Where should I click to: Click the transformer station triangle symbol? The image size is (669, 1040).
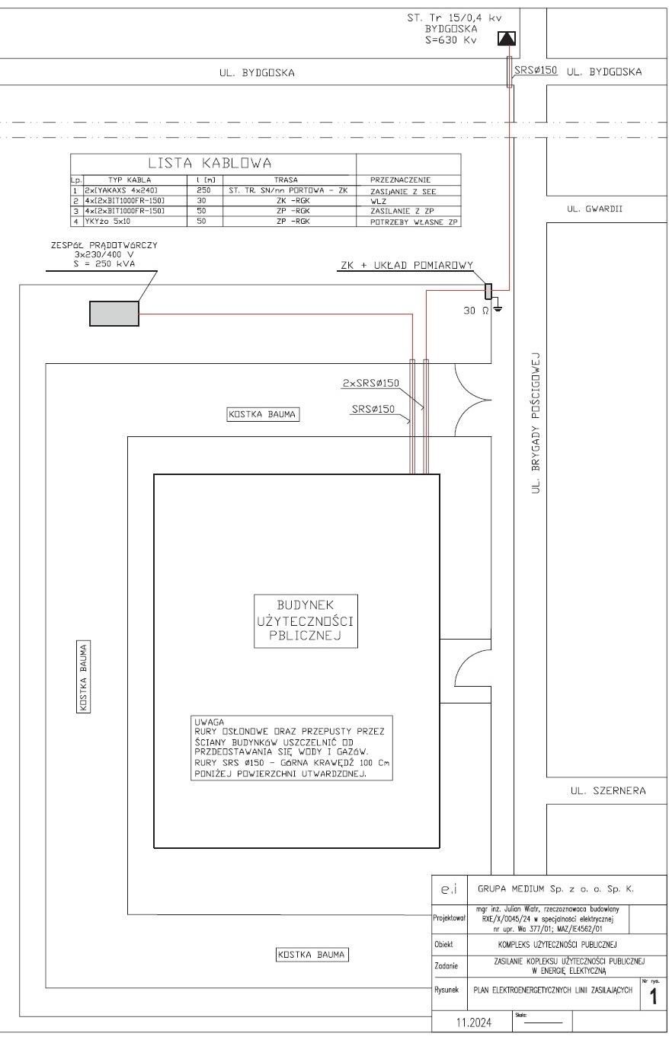point(507,38)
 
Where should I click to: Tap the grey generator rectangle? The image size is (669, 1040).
point(114,314)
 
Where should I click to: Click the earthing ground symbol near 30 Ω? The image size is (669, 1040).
point(497,308)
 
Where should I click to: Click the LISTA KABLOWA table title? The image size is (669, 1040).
point(210,163)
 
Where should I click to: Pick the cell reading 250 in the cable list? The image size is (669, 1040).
point(203,190)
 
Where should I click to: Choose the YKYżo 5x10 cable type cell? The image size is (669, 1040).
point(107,222)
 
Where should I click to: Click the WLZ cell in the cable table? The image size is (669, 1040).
point(378,201)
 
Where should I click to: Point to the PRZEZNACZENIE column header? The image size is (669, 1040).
point(401,180)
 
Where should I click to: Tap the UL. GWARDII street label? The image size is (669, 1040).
point(594,209)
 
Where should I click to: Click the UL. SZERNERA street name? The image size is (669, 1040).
point(608,790)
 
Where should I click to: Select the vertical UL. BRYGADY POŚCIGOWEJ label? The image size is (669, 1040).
point(536,423)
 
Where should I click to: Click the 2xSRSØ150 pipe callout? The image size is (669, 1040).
point(371,383)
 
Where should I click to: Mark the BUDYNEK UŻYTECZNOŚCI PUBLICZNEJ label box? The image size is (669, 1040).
point(306,620)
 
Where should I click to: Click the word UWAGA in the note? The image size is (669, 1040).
point(209,722)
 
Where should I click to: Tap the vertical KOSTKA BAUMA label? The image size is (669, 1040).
point(83,677)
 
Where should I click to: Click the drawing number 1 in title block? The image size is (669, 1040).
point(653,997)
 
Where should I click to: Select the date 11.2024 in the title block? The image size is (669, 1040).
point(474,1022)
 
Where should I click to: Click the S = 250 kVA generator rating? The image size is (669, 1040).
point(104,263)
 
